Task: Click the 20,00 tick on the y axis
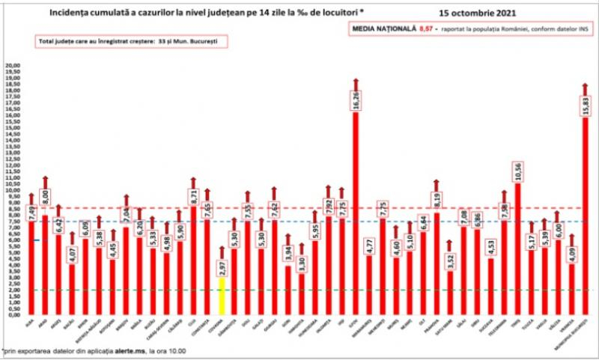coord(12,66)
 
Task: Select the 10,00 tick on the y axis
coord(12,190)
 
